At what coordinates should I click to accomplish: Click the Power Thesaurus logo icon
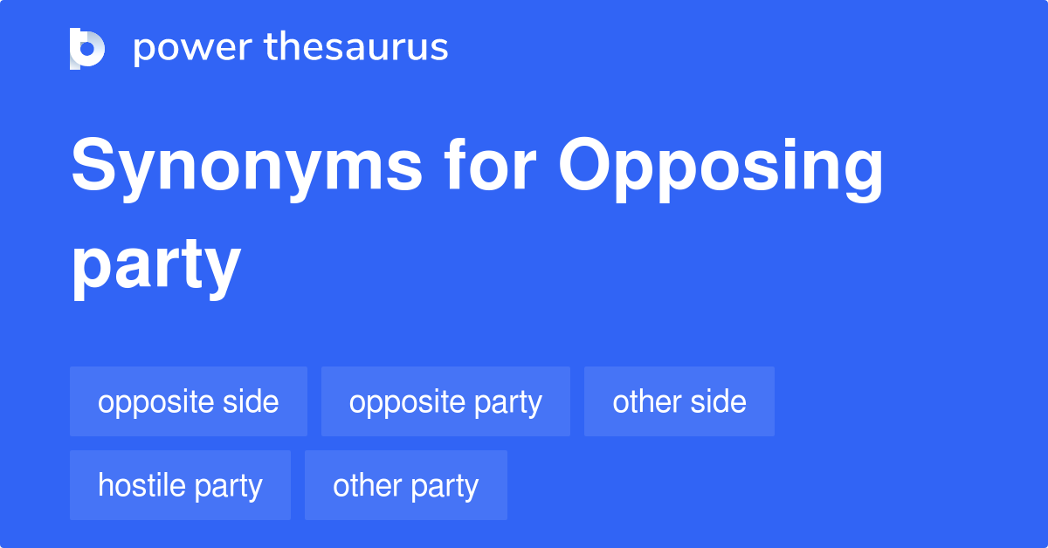tap(87, 48)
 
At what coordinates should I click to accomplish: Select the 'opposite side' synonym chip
tap(189, 401)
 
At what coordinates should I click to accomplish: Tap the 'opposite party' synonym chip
tap(445, 401)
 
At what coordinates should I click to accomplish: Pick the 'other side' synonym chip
tap(679, 401)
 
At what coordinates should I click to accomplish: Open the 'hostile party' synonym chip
tap(180, 485)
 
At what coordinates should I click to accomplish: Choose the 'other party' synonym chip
tap(405, 485)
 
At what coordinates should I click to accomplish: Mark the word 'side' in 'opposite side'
tap(250, 401)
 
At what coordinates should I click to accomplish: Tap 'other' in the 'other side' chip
tap(642, 401)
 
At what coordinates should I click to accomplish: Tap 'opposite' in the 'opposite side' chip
tap(155, 402)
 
